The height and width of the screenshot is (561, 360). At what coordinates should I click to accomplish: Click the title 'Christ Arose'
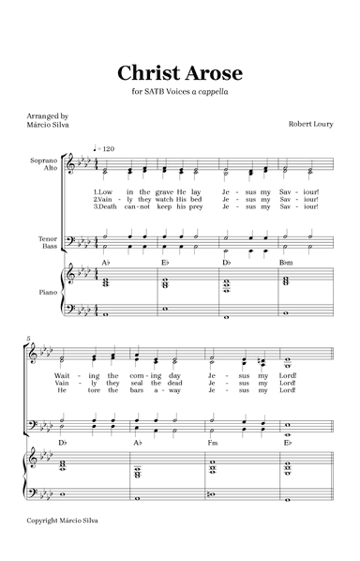tap(180, 72)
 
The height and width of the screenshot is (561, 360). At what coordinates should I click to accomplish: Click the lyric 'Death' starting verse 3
tap(105, 207)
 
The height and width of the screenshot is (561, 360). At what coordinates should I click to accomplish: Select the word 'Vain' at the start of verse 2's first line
tap(105, 200)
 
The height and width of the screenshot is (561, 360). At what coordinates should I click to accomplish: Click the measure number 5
tap(29, 339)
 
